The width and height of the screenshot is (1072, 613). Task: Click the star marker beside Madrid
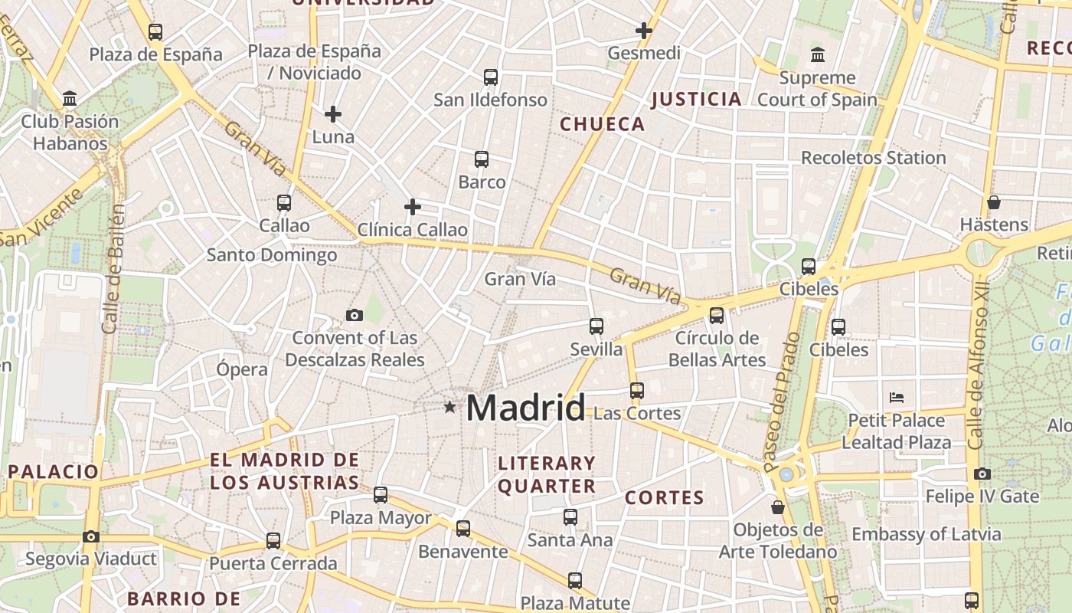[x=449, y=408]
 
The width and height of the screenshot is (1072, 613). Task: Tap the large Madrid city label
[x=525, y=408]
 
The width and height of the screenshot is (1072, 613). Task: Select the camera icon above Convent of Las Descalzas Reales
[x=354, y=315]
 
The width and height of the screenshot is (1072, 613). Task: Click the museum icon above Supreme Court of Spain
[x=818, y=55]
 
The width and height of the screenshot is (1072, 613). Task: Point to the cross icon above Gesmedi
[x=644, y=31]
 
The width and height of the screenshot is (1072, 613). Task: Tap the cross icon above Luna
[x=333, y=114]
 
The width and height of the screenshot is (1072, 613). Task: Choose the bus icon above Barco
[x=482, y=159]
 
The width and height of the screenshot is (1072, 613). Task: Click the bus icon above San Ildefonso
[x=491, y=77]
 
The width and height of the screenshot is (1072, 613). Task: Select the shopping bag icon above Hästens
[x=994, y=202]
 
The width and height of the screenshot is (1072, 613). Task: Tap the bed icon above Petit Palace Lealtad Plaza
[x=897, y=398]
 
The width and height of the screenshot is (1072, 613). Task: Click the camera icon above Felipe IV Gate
[x=982, y=474]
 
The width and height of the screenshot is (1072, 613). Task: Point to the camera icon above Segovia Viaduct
[x=91, y=536]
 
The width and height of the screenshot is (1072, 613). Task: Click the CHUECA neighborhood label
[x=603, y=124]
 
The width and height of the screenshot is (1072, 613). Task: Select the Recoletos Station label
[x=873, y=158]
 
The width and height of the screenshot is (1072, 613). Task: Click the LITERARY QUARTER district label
[x=547, y=474]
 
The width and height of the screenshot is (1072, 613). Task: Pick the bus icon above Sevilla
[x=596, y=326]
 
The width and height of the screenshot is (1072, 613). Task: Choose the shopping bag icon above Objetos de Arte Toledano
[x=778, y=507]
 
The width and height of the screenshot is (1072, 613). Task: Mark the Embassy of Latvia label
[x=926, y=534]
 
